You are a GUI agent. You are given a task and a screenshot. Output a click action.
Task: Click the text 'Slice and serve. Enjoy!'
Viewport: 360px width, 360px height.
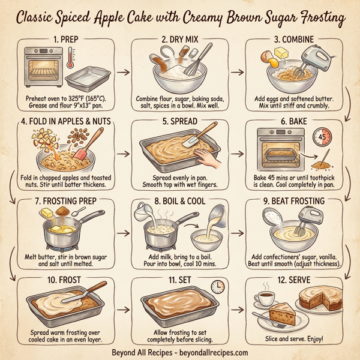point(295,340)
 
